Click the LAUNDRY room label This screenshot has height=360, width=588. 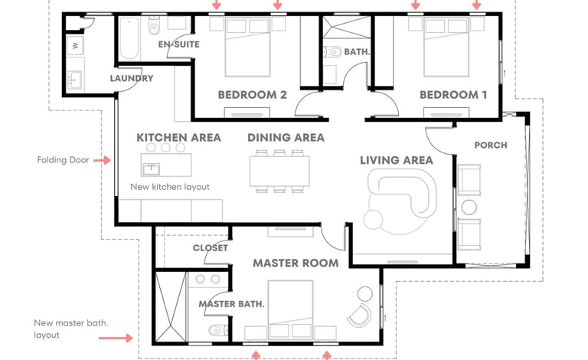[x=132, y=78]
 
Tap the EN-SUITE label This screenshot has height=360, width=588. [x=179, y=44]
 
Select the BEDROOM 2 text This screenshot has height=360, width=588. [x=253, y=94]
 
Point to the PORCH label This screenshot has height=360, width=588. [x=491, y=145]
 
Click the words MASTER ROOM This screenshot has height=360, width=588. [x=296, y=263]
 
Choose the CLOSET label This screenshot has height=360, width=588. [x=211, y=248]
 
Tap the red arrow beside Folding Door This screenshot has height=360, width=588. [x=102, y=161]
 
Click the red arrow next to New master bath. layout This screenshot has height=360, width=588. [x=116, y=338]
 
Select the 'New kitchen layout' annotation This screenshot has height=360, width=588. [x=170, y=187]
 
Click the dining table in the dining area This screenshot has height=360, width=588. [x=279, y=172]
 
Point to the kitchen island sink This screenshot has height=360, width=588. [x=151, y=169]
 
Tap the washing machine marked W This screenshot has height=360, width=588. [x=75, y=46]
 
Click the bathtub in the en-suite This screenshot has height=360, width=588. [x=129, y=38]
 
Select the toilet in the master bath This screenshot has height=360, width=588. [x=218, y=331]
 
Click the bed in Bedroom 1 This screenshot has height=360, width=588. [x=446, y=47]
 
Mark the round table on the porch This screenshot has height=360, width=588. [x=469, y=208]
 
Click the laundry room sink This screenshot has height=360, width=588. [x=74, y=80]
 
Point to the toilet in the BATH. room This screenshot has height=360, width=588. [x=332, y=51]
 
